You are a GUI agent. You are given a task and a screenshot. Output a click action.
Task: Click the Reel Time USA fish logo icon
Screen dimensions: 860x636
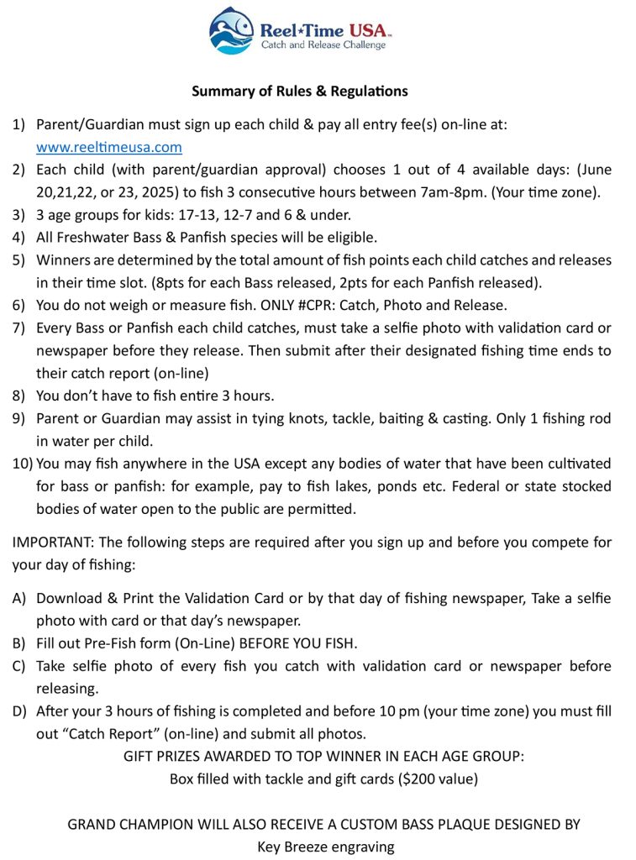pos(232,31)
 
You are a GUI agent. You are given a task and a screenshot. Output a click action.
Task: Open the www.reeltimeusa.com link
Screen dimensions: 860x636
pos(109,147)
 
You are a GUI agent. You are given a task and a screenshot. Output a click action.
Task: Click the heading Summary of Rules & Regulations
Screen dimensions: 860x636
pos(300,91)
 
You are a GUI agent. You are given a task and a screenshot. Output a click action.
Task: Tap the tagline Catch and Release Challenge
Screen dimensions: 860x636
pos(323,45)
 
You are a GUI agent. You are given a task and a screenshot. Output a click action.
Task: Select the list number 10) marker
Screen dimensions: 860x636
pos(22,464)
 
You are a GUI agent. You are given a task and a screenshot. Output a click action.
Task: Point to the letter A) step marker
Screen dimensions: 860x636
pos(20,599)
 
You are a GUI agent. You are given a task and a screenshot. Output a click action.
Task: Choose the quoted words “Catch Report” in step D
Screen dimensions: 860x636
pos(97,734)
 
